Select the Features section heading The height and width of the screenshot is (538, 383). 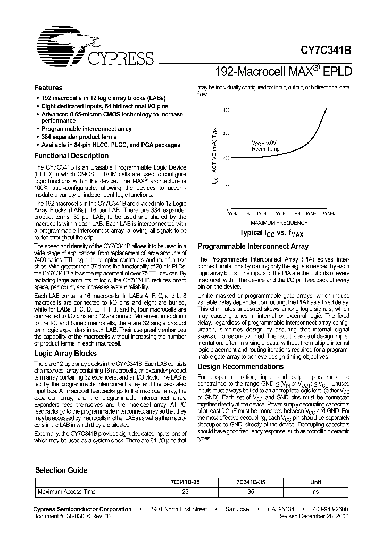tap(48, 88)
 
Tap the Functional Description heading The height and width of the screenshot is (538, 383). tap(71, 156)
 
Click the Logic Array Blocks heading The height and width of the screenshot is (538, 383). tap(65, 353)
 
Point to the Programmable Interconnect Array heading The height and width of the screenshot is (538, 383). tap(253, 247)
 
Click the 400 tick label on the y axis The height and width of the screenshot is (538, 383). tap(226, 110)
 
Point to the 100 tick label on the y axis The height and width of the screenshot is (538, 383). tap(226, 183)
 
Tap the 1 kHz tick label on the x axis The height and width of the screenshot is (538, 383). tap(246, 213)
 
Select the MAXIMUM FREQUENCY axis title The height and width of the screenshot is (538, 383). tap(279, 222)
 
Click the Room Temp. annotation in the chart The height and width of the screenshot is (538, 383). tap(265, 149)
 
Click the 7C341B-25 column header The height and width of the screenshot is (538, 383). tap(185, 482)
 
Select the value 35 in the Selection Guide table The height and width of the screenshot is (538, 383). tap(251, 492)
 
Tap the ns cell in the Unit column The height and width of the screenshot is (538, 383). tap(315, 492)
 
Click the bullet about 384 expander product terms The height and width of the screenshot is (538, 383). tap(79, 137)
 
